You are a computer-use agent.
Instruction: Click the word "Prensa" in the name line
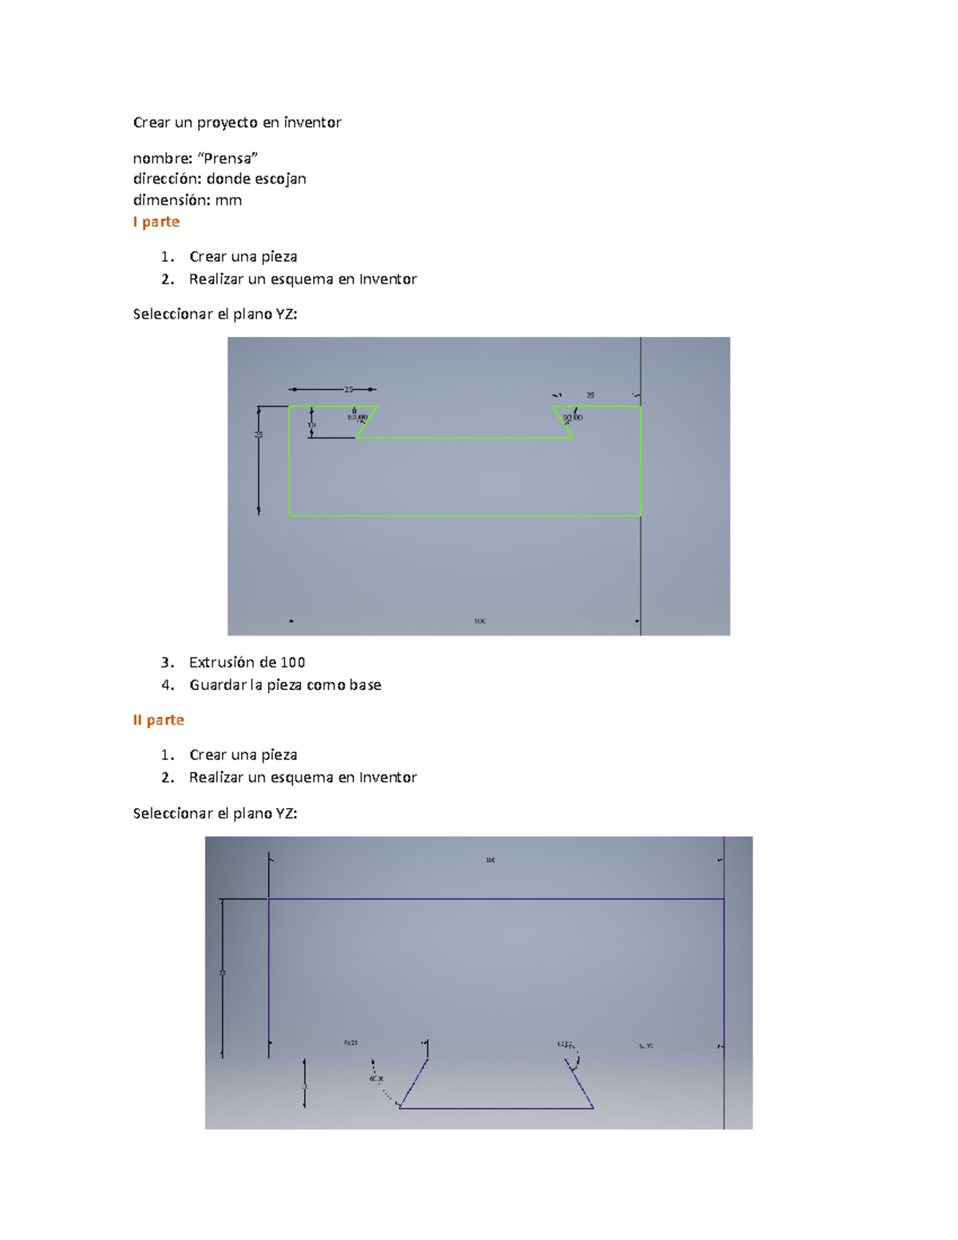click(x=228, y=158)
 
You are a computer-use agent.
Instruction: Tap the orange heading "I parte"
click(x=156, y=221)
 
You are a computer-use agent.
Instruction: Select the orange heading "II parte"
click(x=158, y=719)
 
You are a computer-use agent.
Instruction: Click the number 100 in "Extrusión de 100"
click(x=292, y=662)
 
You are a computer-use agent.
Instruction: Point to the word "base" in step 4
click(x=365, y=684)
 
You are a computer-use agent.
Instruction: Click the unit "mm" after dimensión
click(x=228, y=200)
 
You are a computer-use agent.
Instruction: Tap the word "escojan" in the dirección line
click(x=280, y=179)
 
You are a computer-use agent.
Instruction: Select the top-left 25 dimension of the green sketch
click(x=348, y=390)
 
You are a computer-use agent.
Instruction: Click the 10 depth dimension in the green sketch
click(x=312, y=425)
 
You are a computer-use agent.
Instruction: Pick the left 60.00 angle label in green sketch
click(x=358, y=417)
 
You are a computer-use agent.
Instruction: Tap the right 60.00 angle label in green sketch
click(x=572, y=417)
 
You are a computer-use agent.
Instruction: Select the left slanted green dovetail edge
click(x=366, y=422)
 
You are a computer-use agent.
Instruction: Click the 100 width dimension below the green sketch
click(x=479, y=620)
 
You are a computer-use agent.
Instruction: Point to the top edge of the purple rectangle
click(x=495, y=899)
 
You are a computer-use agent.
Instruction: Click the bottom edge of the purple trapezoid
click(x=496, y=1108)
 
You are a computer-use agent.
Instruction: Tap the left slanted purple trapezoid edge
click(x=414, y=1084)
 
